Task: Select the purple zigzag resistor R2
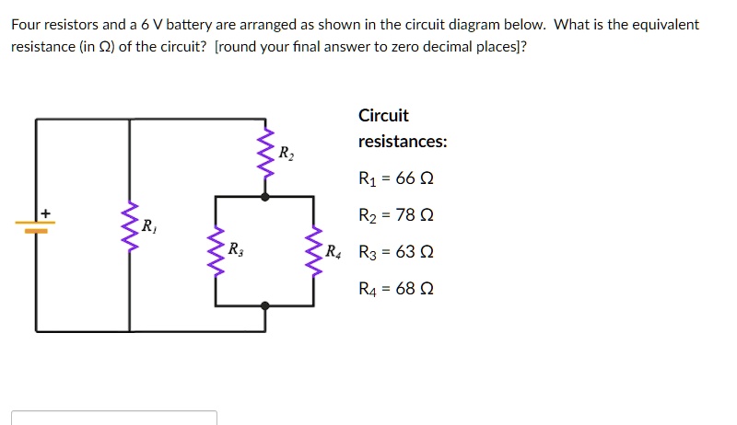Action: tap(266, 153)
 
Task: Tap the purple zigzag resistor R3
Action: tap(216, 250)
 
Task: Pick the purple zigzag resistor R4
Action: tap(314, 250)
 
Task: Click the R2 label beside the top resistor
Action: tap(286, 153)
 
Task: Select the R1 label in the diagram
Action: tap(147, 225)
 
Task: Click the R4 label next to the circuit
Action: tap(333, 250)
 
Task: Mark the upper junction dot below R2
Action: tap(265, 196)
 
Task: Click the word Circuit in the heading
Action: tap(383, 116)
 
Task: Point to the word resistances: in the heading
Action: tap(403, 143)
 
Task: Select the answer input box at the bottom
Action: tap(114, 418)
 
